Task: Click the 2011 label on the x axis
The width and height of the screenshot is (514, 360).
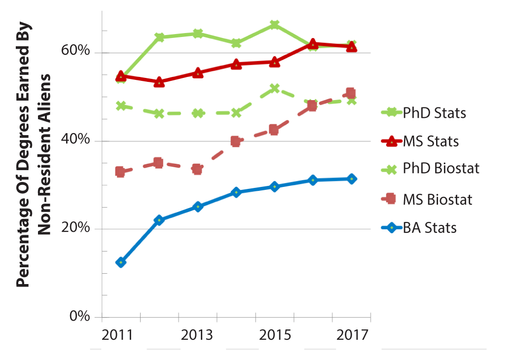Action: (118, 335)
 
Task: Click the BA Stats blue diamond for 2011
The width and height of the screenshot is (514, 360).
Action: (121, 262)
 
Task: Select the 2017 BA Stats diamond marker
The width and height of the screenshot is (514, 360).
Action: (351, 179)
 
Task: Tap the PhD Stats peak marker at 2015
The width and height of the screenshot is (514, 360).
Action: (275, 25)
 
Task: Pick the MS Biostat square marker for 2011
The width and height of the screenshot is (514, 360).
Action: (120, 172)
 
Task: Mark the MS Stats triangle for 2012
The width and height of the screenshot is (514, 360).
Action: (159, 82)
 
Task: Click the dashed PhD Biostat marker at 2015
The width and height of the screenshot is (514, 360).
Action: (275, 88)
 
